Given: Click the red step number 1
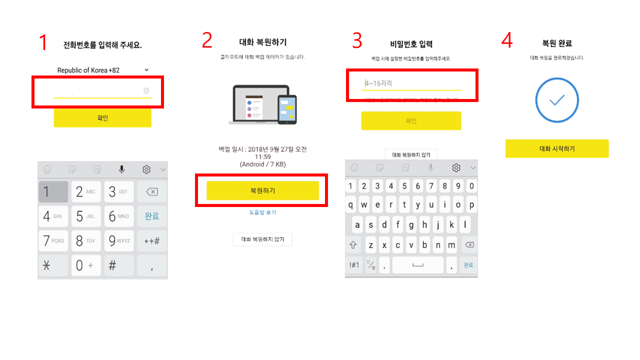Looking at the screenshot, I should [x=44, y=43].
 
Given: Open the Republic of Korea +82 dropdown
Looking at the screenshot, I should [x=102, y=70].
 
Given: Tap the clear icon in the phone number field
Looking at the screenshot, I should [x=146, y=90].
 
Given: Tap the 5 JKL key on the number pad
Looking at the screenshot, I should [x=85, y=216].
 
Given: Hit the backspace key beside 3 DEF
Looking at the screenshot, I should [x=152, y=192].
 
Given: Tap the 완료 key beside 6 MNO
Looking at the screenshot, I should [x=152, y=216].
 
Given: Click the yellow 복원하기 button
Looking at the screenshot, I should [x=262, y=190].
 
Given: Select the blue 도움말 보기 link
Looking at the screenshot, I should [x=262, y=212].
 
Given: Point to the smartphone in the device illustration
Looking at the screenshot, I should [x=286, y=109].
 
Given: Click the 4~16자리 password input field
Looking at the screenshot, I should [x=411, y=83].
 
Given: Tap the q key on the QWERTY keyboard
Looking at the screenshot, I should [x=351, y=204].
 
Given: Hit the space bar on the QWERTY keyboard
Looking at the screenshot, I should [x=417, y=265].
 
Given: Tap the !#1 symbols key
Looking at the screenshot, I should [x=354, y=265].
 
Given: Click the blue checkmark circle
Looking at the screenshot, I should [x=556, y=100].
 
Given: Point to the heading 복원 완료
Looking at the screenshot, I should [x=556, y=43].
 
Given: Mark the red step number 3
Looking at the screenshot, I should [x=357, y=41].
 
